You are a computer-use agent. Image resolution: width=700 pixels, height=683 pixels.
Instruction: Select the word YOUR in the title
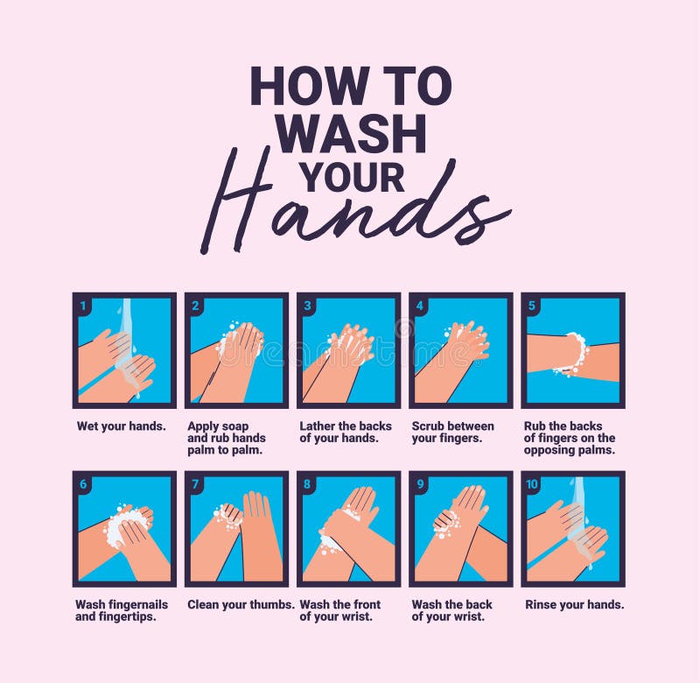(353, 178)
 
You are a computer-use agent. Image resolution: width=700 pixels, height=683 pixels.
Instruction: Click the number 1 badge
(83, 306)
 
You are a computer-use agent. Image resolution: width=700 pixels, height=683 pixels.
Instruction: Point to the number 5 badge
(531, 306)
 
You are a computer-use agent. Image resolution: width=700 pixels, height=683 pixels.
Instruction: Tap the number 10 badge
(532, 484)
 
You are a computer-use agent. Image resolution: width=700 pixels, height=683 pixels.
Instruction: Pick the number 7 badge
(195, 484)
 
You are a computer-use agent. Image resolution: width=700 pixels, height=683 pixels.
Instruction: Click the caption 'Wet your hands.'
(121, 426)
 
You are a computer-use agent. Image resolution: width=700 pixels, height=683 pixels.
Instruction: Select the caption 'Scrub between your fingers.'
(452, 432)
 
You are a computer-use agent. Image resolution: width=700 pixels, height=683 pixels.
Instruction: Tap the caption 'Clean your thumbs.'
(241, 605)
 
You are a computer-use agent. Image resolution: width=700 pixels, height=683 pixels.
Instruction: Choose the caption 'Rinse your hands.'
(575, 605)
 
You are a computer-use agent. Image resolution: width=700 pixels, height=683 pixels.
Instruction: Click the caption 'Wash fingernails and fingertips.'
(122, 610)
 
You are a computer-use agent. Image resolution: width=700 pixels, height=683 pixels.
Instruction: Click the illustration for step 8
(348, 529)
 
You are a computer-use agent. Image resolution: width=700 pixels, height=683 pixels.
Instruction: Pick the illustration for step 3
(348, 350)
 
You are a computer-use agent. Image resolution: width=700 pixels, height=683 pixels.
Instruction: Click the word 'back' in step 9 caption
(479, 604)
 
